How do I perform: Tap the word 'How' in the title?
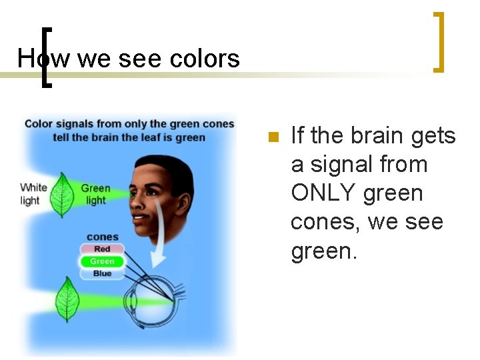point(34,59)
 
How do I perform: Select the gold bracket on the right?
point(439,41)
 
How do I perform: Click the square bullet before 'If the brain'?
point(272,137)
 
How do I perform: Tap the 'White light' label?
point(33,193)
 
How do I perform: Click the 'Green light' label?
point(95,194)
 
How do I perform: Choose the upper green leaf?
point(63,194)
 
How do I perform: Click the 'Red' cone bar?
point(102,249)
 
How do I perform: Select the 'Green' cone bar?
point(102,261)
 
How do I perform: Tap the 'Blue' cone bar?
point(102,273)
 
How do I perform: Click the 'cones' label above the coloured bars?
point(102,237)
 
